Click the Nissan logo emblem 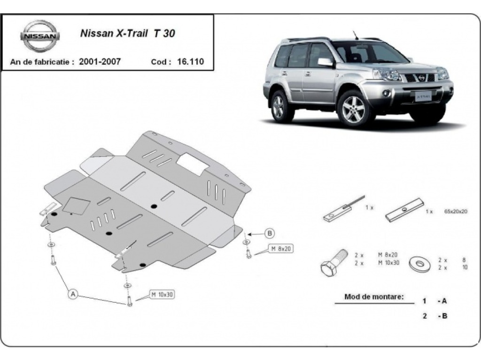click(x=40, y=36)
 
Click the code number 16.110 click(x=190, y=62)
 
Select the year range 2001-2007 click(x=100, y=62)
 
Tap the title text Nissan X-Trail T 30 click(x=128, y=33)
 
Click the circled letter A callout click(x=73, y=294)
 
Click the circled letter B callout click(x=270, y=233)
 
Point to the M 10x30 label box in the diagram click(x=162, y=295)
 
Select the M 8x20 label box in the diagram click(x=281, y=249)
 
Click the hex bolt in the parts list click(x=334, y=263)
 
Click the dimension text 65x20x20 click(x=456, y=211)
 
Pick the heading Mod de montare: click(x=374, y=297)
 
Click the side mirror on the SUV click(x=325, y=62)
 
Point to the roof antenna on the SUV click(x=356, y=35)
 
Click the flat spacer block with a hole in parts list click(x=405, y=210)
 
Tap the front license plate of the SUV click(x=424, y=96)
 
